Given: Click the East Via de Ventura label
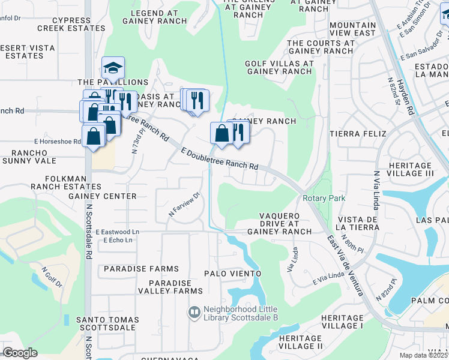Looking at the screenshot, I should (345, 265).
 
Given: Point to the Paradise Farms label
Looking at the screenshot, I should (141, 269).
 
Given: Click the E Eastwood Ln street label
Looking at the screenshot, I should (115, 232).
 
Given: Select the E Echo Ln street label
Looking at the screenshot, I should (118, 240).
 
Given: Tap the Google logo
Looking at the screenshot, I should (20, 353).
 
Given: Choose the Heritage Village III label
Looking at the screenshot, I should (411, 169).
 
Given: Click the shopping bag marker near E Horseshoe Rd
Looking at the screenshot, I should (94, 136).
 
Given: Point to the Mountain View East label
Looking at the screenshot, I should (352, 29).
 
